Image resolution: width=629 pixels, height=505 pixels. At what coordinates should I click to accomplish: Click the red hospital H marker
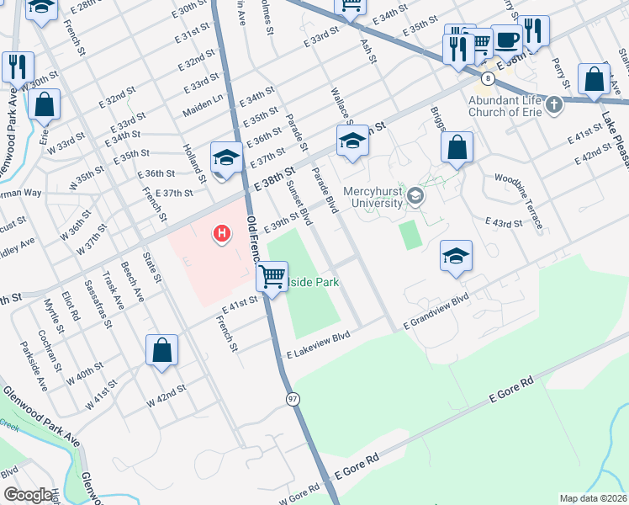click(222, 232)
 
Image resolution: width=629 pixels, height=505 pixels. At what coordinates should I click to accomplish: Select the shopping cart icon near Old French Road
click(272, 275)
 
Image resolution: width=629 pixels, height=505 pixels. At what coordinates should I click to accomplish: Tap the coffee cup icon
click(507, 40)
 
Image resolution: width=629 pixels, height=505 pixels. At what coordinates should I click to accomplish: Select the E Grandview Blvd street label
click(436, 312)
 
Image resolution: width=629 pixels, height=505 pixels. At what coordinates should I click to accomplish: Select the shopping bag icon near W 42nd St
click(161, 350)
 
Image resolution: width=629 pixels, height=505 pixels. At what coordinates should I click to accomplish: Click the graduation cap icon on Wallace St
click(353, 140)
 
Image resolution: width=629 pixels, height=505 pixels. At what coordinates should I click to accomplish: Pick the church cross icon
click(553, 105)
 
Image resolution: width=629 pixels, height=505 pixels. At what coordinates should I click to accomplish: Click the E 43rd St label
click(505, 221)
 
